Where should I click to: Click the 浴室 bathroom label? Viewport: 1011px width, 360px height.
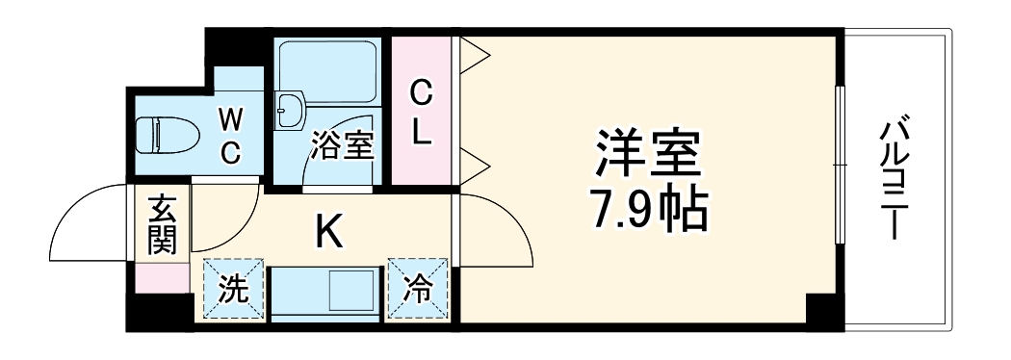pos(340,147)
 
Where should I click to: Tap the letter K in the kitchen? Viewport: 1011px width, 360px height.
pos(328,230)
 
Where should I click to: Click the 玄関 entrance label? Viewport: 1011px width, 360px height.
pos(161,223)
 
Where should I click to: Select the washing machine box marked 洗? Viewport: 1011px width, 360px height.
pos(232,287)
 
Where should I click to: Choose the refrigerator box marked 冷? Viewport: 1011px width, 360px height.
pos(418,287)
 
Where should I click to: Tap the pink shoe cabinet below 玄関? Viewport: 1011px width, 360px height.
pos(161,277)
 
